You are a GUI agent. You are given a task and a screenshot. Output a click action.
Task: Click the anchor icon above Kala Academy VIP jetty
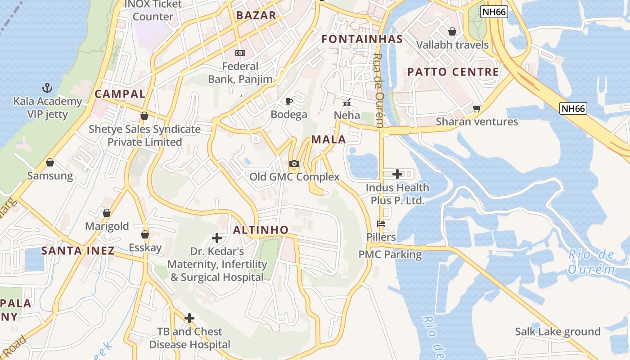tap(47, 87)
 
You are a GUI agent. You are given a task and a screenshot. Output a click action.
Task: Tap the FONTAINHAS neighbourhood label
tap(362, 39)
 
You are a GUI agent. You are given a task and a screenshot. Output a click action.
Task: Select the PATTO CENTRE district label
tap(453, 72)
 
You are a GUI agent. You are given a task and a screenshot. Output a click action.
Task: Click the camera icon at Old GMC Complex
tap(294, 164)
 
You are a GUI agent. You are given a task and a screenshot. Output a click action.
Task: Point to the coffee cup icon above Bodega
tap(289, 101)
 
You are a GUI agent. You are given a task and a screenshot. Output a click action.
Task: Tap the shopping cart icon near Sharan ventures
tap(477, 108)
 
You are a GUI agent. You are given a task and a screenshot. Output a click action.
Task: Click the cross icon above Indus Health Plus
tap(397, 174)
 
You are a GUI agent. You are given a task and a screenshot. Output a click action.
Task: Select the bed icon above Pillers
tap(381, 224)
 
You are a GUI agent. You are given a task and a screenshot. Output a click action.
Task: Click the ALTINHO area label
tap(261, 230)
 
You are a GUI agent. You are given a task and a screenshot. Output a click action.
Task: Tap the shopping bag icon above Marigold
tap(107, 213)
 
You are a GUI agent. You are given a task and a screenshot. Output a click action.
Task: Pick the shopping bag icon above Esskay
tap(145, 234)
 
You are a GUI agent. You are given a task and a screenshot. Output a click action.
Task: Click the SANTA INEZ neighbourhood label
tap(78, 251)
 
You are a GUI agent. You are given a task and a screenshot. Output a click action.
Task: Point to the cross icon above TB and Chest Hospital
tap(189, 319)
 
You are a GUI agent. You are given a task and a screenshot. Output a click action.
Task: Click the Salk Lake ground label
tap(558, 332)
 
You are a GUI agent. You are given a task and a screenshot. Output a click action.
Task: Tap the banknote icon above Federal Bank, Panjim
tap(240, 53)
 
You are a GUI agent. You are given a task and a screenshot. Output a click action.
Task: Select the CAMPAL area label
tap(120, 94)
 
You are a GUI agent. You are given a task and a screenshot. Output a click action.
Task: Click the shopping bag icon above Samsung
tap(50, 162)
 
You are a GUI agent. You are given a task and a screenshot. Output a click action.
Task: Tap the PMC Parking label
tap(390, 255)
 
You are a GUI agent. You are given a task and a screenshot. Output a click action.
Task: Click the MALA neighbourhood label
tap(328, 139)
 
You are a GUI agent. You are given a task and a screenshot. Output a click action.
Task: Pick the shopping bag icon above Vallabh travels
tap(452, 31)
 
